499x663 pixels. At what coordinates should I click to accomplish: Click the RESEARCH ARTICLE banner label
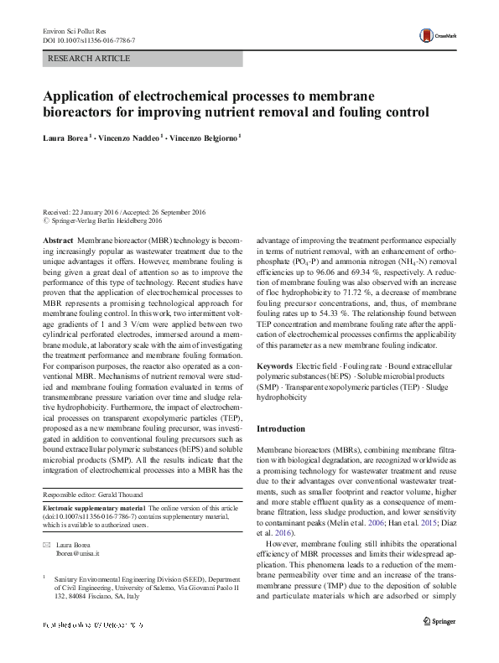click(90, 59)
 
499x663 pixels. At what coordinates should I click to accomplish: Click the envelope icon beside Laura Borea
click(47, 545)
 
